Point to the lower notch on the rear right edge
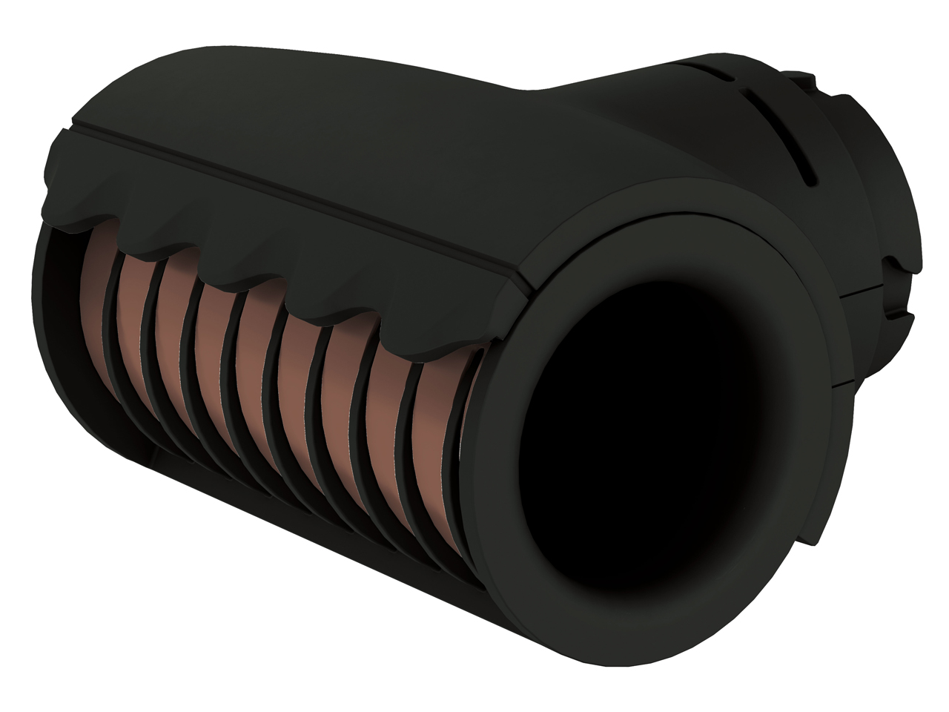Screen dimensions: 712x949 coord(901,315)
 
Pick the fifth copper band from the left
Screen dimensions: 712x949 coord(259,349)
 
